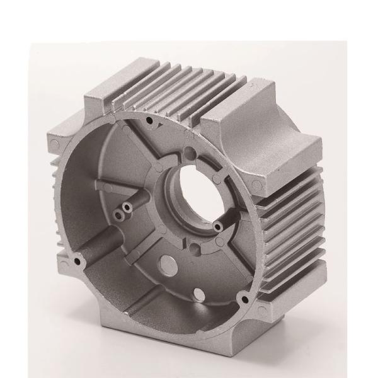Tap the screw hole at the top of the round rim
(x=149, y=119)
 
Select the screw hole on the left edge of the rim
(x=78, y=260)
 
